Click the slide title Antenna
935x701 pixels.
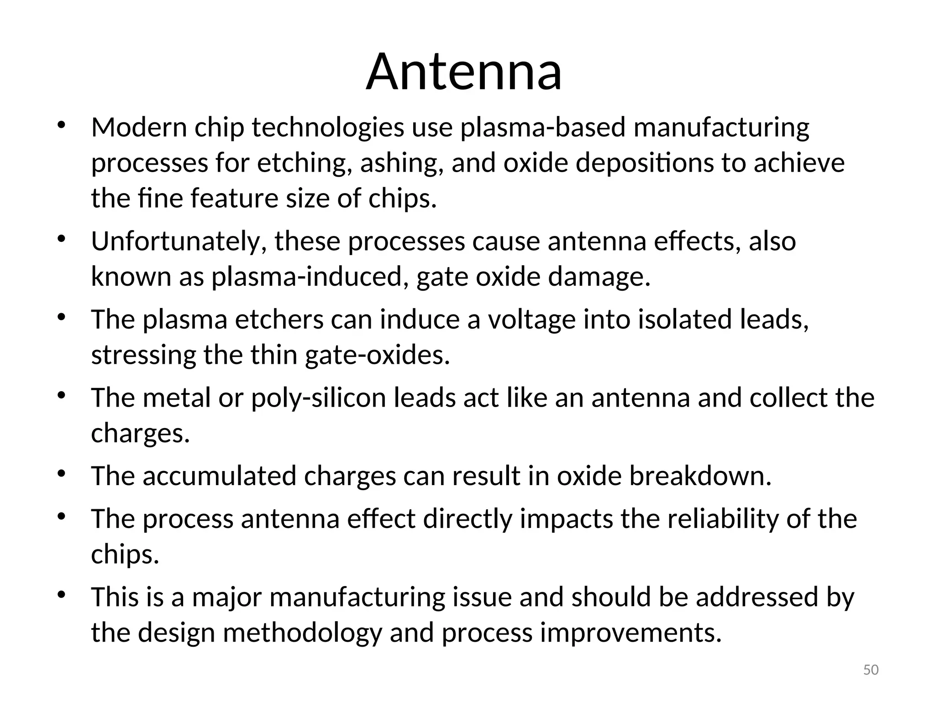(x=464, y=72)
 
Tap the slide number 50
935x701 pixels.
(x=871, y=670)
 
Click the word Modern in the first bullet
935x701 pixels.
(x=139, y=127)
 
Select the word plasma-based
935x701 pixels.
(x=542, y=128)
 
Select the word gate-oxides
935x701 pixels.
(x=377, y=355)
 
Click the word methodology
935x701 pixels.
(x=302, y=633)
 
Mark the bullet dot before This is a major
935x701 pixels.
(x=62, y=595)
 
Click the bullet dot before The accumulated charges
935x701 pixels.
(x=62, y=473)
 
